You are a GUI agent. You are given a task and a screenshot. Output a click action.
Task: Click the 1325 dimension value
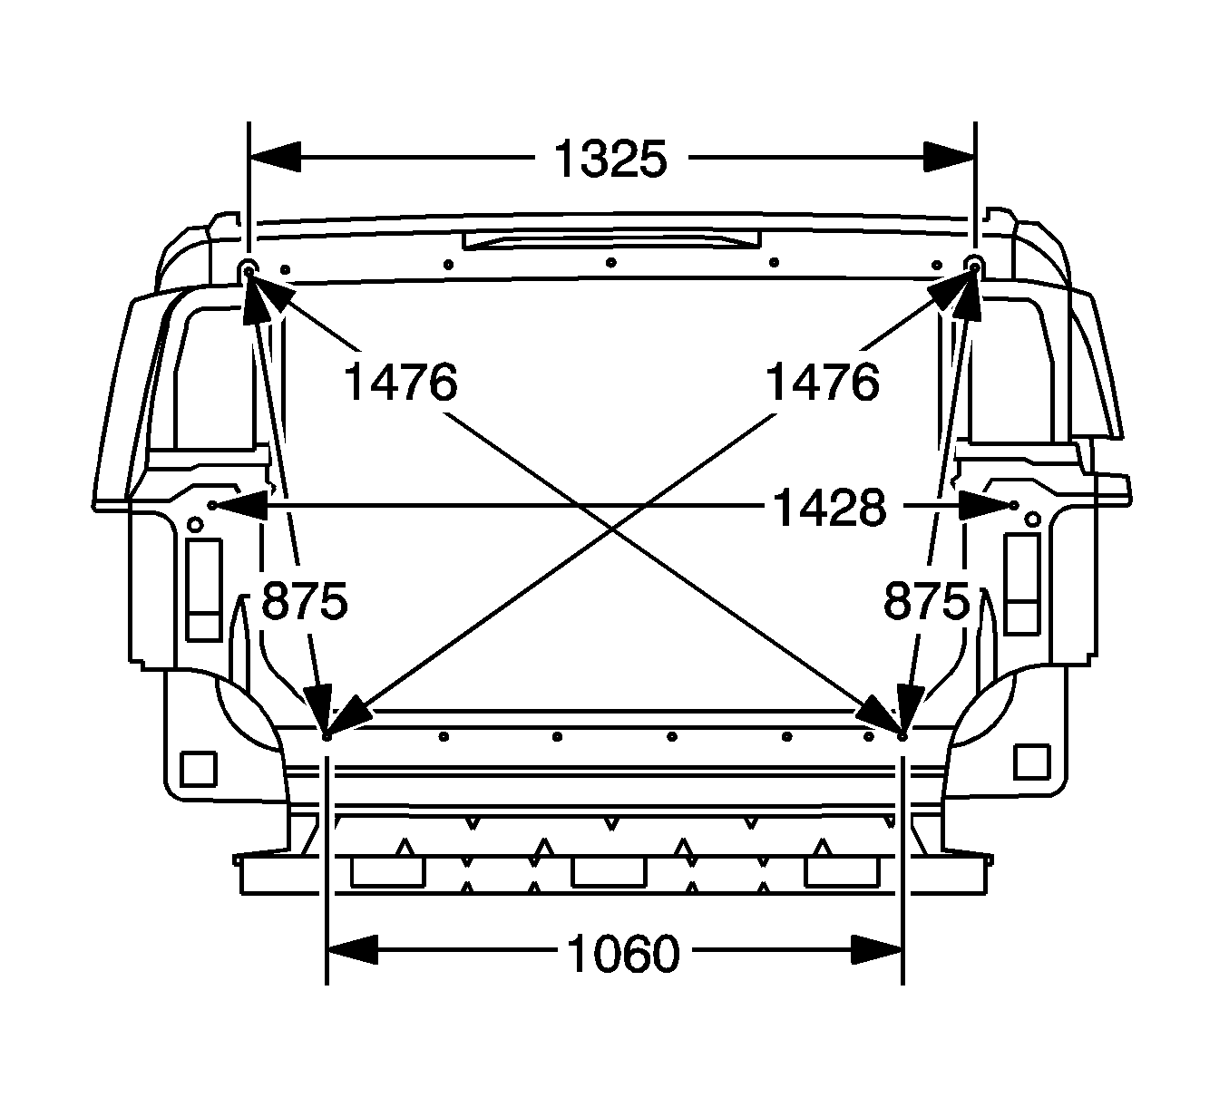point(610,160)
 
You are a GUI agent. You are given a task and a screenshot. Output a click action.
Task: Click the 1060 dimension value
point(623,954)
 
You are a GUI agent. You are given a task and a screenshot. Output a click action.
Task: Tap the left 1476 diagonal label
point(400,382)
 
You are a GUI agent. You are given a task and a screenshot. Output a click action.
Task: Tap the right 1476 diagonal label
point(823,382)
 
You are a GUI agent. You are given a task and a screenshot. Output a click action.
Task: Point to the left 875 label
point(304,600)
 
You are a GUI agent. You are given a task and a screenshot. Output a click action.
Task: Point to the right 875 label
point(926,600)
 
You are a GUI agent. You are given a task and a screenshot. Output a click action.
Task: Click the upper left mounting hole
point(249,268)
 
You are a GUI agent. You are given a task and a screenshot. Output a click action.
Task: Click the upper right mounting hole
point(974,265)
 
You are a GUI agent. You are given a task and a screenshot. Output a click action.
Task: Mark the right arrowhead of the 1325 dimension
point(949,156)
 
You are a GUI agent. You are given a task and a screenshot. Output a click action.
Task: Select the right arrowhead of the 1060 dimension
point(876,950)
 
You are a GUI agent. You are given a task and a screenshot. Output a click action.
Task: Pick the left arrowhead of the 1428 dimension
point(238,504)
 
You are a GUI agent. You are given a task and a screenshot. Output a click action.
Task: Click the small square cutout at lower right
point(1030,762)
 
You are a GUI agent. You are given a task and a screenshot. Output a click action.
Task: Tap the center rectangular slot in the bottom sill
point(609,871)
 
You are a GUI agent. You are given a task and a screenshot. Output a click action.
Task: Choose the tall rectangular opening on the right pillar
point(1022,583)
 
